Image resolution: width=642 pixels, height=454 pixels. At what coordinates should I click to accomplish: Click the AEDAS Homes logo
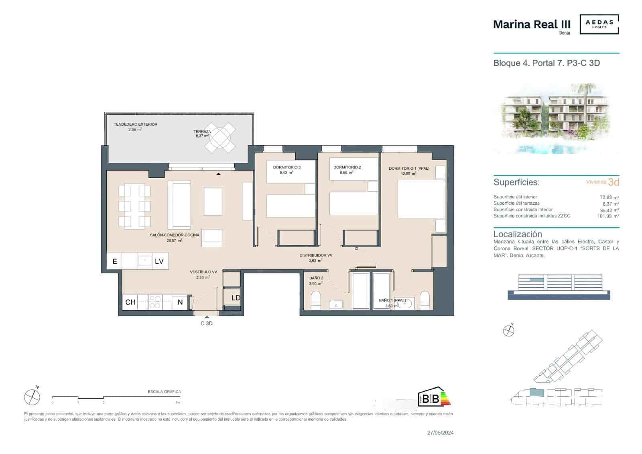pyautogui.click(x=599, y=24)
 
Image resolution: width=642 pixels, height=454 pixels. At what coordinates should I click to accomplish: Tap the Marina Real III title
pyautogui.click(x=531, y=24)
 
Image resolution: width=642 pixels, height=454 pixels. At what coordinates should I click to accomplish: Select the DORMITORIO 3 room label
pyautogui.click(x=286, y=167)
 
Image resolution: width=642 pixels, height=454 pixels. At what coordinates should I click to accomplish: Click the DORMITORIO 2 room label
pyautogui.click(x=347, y=167)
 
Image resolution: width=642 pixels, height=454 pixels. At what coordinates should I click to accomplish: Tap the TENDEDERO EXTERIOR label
pyautogui.click(x=135, y=124)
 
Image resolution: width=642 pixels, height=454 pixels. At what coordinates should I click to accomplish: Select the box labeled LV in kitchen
pyautogui.click(x=159, y=261)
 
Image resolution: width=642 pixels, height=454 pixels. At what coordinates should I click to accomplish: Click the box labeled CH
pyautogui.click(x=130, y=302)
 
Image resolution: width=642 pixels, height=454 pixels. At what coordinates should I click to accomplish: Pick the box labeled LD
pyautogui.click(x=236, y=298)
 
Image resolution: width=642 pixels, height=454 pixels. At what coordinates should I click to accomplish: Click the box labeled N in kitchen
pyautogui.click(x=180, y=302)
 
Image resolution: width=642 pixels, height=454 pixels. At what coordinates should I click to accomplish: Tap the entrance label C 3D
pyautogui.click(x=206, y=323)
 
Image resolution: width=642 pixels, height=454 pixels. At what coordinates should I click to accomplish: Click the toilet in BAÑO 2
pyautogui.click(x=316, y=301)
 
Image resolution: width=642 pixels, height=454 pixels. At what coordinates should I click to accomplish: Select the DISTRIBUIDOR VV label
pyautogui.click(x=316, y=255)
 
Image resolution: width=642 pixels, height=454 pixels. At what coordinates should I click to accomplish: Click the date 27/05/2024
pyautogui.click(x=440, y=433)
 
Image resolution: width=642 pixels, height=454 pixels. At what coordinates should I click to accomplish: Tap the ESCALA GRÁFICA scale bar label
pyautogui.click(x=164, y=391)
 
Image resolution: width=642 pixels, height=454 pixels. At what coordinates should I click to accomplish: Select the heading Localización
pyautogui.click(x=517, y=234)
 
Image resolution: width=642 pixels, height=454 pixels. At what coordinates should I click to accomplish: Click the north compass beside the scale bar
pyautogui.click(x=32, y=397)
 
